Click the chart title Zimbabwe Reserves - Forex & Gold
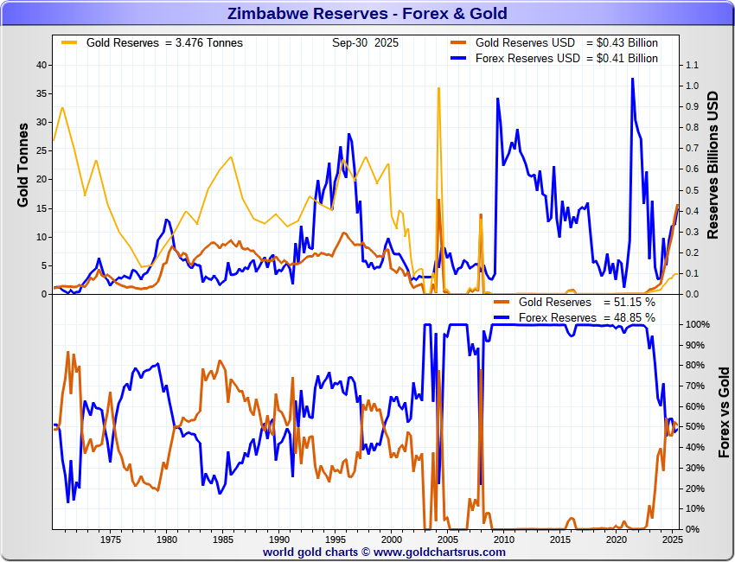point(367,13)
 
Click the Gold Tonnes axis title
point(23,164)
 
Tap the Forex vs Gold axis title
point(725,412)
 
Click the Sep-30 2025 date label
point(361,42)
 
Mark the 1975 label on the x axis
point(110,540)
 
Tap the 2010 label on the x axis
point(504,540)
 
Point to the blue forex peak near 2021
point(632,80)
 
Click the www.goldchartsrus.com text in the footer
point(439,552)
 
